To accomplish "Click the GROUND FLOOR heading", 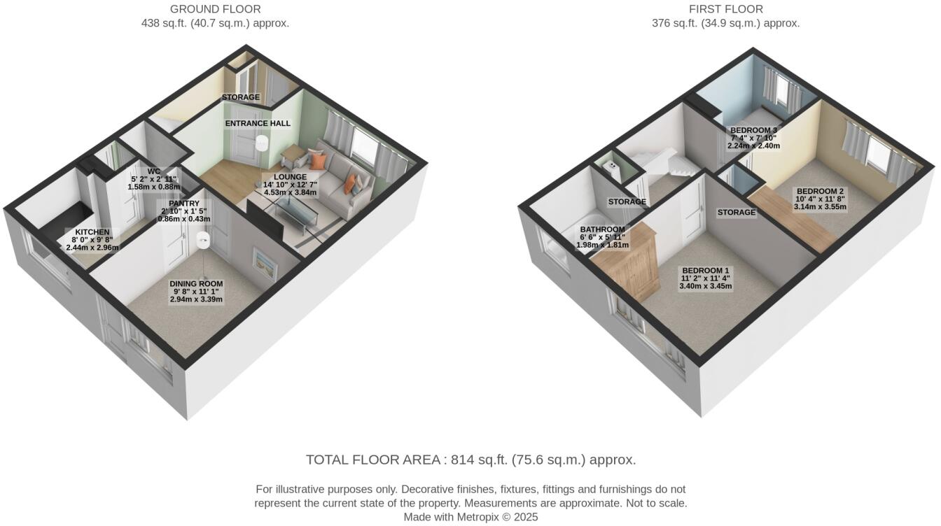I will pos(216,9).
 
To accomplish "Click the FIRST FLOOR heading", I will pos(725,9).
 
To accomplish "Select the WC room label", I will pos(154,171).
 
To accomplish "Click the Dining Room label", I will pos(196,284).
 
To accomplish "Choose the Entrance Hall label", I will pos(258,123).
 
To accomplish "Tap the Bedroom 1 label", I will pos(706,271).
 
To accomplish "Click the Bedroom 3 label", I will pos(753,131).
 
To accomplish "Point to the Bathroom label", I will pos(602,229).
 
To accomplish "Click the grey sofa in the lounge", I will pos(343,175).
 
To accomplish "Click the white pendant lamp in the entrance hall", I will pos(263,143).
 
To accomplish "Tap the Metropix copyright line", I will pos(470,517).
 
